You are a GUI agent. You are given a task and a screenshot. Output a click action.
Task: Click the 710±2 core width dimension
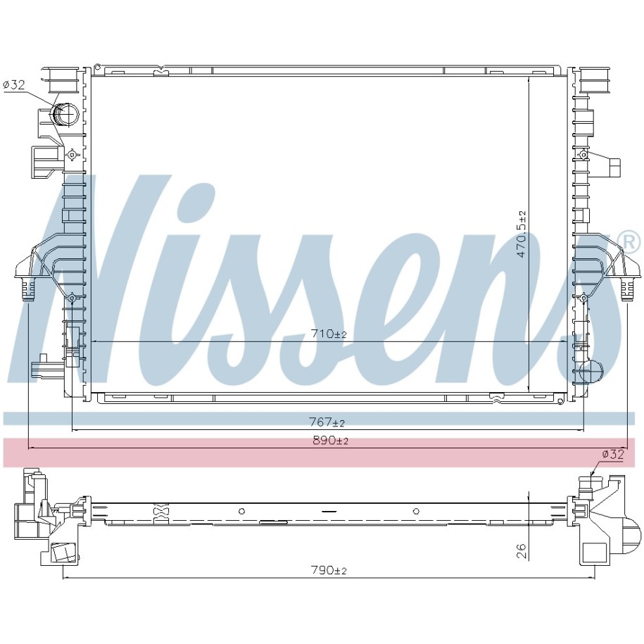click(x=329, y=334)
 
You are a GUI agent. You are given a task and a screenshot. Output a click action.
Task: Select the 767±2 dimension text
click(x=327, y=422)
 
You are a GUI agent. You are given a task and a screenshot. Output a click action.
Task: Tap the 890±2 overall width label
click(x=331, y=441)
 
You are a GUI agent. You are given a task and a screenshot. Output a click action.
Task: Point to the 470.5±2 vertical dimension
click(x=522, y=233)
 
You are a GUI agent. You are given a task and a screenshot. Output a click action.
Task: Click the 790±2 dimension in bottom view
click(x=329, y=571)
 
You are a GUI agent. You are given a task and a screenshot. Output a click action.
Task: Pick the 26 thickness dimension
click(x=522, y=550)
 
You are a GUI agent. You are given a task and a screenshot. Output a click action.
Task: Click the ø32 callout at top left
click(x=14, y=85)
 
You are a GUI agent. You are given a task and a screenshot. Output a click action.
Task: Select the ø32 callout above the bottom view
click(x=613, y=454)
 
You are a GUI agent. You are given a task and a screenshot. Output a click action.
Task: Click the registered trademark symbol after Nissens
click(x=631, y=243)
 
